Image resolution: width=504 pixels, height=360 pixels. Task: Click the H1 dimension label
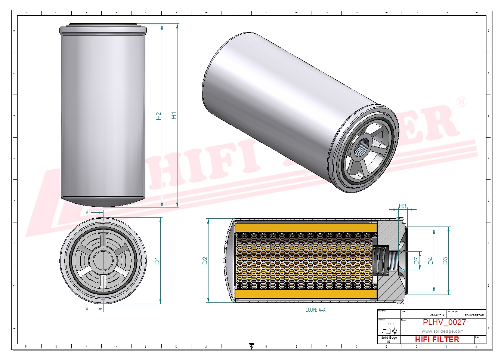[174, 116]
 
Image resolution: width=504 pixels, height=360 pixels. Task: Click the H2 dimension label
[159, 116]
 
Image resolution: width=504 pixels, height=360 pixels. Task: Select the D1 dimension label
[157, 261]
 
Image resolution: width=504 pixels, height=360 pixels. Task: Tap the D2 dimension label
[205, 261]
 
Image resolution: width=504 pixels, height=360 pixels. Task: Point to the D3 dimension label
[445, 261]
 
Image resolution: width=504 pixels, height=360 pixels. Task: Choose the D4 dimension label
[430, 261]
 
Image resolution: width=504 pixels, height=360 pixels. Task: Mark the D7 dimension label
[416, 261]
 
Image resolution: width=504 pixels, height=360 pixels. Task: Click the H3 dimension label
[402, 206]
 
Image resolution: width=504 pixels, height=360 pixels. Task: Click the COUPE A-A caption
[315, 310]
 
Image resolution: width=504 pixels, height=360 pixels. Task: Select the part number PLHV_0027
[444, 322]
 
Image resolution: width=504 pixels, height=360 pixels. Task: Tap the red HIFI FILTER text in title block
[437, 339]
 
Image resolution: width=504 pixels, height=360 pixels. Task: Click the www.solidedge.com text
[442, 331]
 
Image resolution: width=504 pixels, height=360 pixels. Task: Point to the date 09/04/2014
[437, 315]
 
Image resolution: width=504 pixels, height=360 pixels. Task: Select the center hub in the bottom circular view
[103, 260]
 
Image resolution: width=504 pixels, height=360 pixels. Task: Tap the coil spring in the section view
[380, 261]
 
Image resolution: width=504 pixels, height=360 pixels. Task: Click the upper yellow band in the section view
[306, 227]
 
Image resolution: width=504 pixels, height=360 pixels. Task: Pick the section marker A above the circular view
[87, 212]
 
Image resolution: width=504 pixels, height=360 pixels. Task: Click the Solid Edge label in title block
[389, 338]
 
